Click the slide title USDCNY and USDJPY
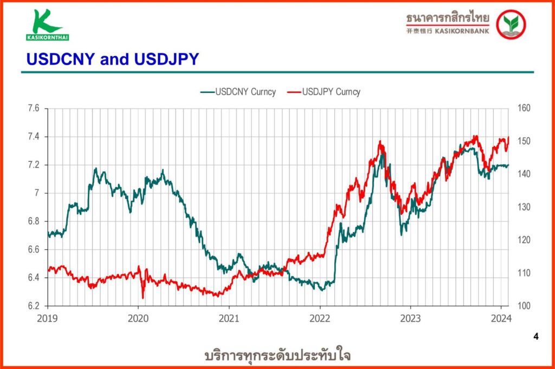coord(113,60)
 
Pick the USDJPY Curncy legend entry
coord(324,91)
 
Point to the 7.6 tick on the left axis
coord(33,109)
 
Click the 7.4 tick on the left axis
coord(33,137)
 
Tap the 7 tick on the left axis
coord(36,193)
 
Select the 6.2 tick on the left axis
coord(33,306)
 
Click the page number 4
coord(536,337)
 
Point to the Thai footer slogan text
coord(277,355)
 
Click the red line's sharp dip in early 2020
coord(143,297)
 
